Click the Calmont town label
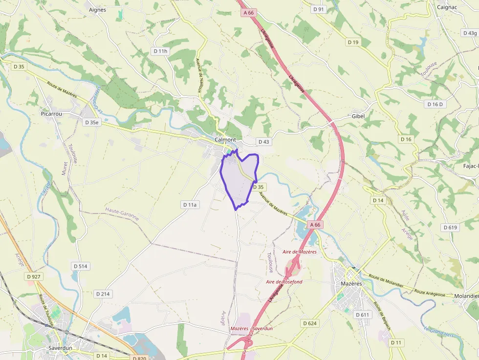225,140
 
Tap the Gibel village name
358,116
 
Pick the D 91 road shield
318,9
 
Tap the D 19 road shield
353,42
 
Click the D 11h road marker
160,51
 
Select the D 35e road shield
91,123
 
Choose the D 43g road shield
469,33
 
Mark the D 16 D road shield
435,104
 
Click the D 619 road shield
450,228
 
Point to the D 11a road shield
189,205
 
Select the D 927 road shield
34,276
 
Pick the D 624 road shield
310,323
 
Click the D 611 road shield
363,315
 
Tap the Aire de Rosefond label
284,282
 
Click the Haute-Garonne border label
122,213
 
